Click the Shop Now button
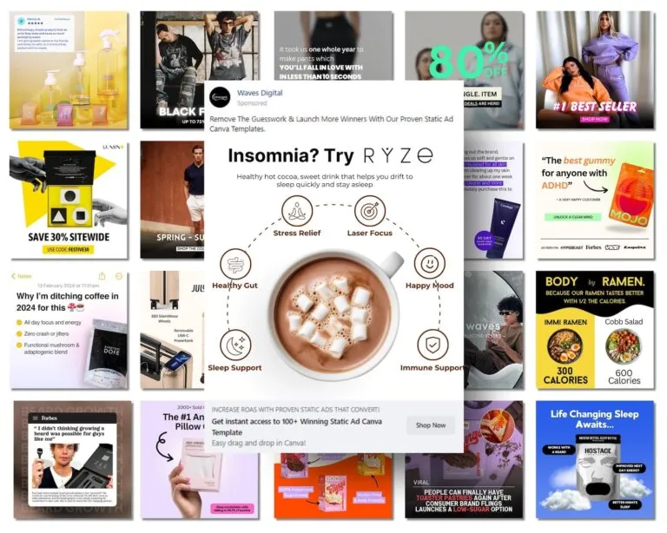431,424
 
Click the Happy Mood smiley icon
430,264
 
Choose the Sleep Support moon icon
235,345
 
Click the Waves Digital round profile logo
221,96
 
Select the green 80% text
469,61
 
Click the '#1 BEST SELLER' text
595,106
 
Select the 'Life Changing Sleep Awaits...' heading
595,420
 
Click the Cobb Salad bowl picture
623,344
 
